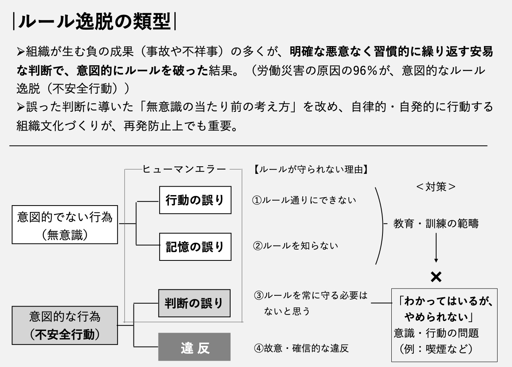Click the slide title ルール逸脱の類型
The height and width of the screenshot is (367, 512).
[x=95, y=22]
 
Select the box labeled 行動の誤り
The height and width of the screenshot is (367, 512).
[x=195, y=200]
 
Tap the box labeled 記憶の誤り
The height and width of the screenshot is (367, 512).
[x=195, y=246]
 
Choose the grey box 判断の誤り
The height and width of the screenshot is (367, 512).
[x=194, y=303]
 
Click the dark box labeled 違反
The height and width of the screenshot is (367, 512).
[x=194, y=347]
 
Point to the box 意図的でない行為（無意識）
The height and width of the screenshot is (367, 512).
[x=65, y=225]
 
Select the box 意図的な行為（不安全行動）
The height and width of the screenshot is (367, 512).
[x=65, y=325]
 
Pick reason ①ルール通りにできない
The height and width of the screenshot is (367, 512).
[x=304, y=200]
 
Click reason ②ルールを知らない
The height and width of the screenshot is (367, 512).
[x=295, y=246]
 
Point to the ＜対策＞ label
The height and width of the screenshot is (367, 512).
[x=436, y=187]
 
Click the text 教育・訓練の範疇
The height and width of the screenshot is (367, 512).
[x=436, y=224]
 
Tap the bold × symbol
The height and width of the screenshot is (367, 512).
[x=436, y=276]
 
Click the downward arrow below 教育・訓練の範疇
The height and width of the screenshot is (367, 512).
[x=436, y=248]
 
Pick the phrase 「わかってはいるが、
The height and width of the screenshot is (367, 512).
[x=445, y=301]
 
